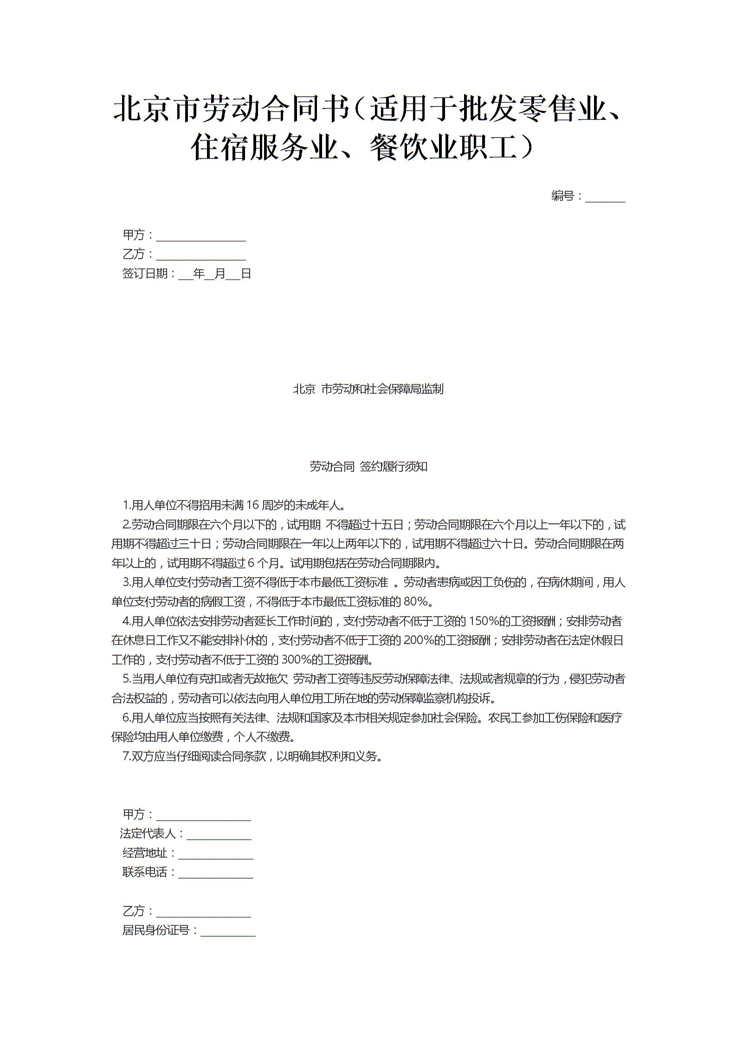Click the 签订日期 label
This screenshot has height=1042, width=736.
[x=145, y=274]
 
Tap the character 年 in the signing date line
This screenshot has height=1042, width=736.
[x=199, y=274]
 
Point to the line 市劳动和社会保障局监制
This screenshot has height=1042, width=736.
[x=382, y=389]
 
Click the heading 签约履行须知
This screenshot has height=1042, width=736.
[x=393, y=467]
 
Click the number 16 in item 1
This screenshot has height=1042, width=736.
[x=252, y=505]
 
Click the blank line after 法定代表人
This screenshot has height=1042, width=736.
[x=219, y=834]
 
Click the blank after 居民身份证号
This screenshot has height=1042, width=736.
[x=228, y=931]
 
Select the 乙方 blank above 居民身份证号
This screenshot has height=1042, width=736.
[x=203, y=912]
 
